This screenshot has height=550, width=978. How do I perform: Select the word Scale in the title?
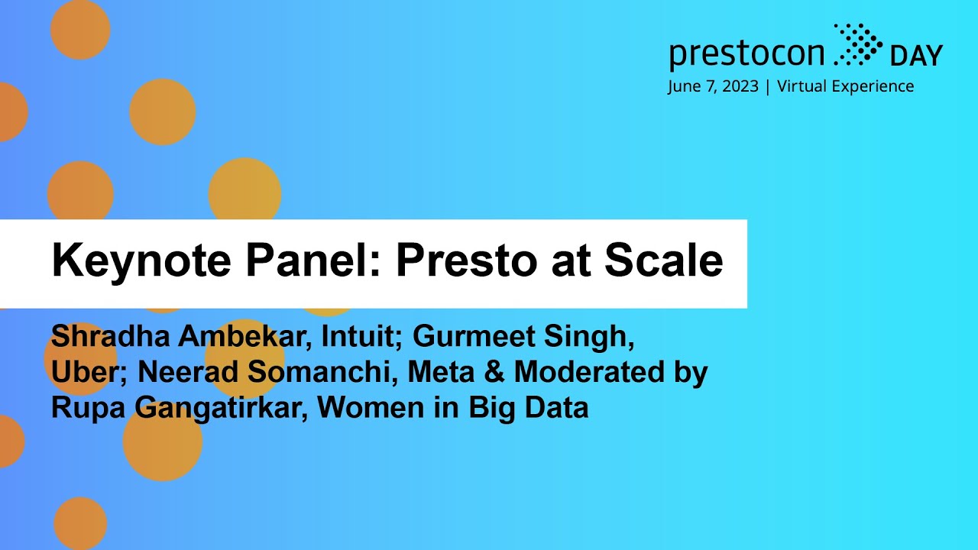tap(663, 261)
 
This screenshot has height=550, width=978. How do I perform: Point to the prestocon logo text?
tap(746, 54)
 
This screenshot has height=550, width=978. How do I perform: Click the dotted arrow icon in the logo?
tap(857, 43)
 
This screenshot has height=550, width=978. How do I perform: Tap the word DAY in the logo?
tap(916, 56)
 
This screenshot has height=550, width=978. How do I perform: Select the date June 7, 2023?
tap(713, 86)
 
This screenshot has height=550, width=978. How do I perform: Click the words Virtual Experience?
tap(845, 86)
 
